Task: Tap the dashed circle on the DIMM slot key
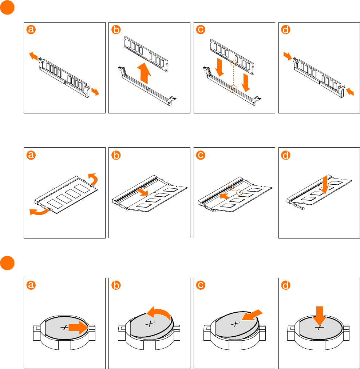[233, 89]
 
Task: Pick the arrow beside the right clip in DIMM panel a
[95, 92]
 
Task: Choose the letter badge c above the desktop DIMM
[200, 31]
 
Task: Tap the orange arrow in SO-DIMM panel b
[142, 191]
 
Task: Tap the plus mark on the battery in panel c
[236, 324]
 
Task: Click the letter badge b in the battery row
[115, 286]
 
